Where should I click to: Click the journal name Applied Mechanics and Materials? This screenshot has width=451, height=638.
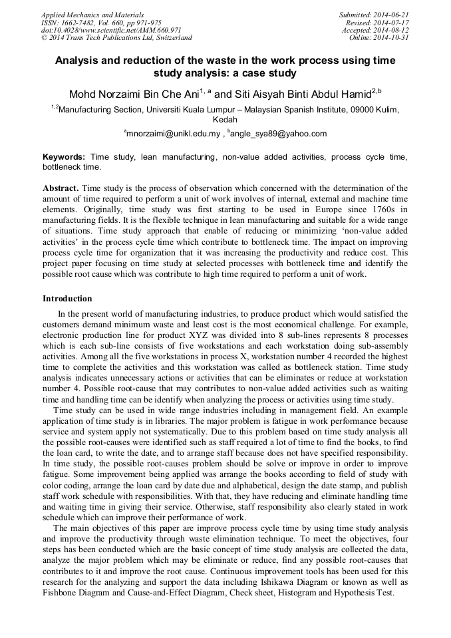click(92, 15)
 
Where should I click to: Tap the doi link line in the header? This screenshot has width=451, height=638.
click(111, 30)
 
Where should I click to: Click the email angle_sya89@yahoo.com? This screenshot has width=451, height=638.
click(279, 134)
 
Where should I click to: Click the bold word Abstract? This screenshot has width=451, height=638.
click(61, 188)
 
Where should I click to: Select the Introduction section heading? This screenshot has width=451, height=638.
click(67, 299)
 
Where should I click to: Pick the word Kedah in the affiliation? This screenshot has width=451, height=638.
click(225, 120)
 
